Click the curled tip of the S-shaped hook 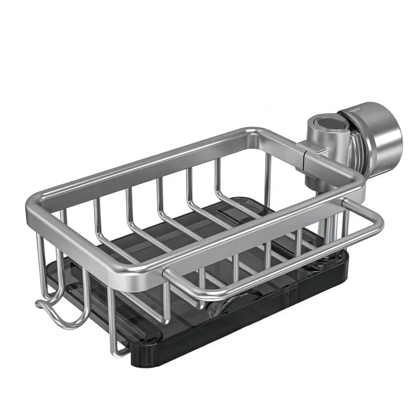tap(40, 305)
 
